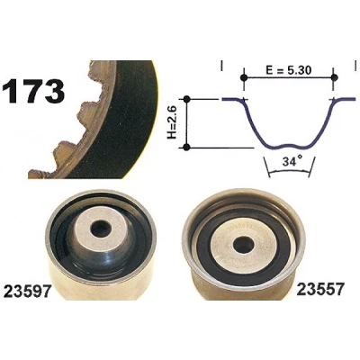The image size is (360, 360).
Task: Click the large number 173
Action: [x=33, y=91]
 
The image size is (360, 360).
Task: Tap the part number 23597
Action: [x=27, y=291]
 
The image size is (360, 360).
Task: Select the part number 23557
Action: [x=319, y=290]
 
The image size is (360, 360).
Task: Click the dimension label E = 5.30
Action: [x=289, y=70]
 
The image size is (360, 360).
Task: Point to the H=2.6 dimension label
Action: [x=172, y=123]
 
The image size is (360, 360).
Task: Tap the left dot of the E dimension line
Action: [x=244, y=77]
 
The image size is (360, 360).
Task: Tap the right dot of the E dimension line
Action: [x=334, y=77]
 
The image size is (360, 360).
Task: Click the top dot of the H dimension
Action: [x=187, y=99]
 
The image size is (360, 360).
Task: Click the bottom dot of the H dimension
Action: [x=186, y=148]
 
